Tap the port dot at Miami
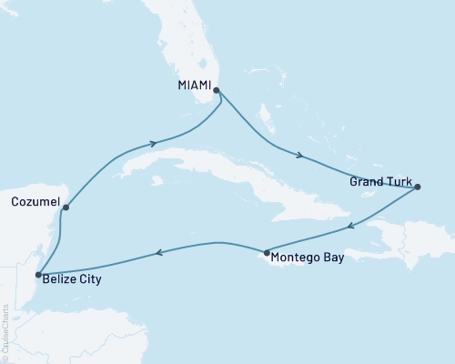(x=216, y=90)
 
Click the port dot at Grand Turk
(x=418, y=187)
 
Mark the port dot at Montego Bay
(x=265, y=252)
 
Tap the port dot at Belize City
(x=37, y=274)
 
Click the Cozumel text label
(x=34, y=200)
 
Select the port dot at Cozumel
(x=65, y=207)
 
